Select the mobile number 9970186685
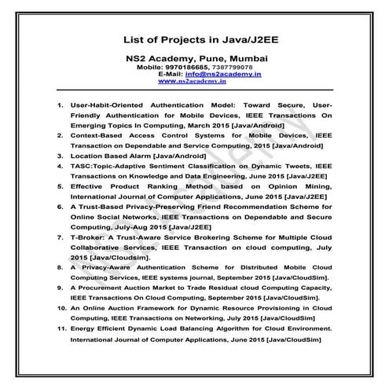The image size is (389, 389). pos(188,67)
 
